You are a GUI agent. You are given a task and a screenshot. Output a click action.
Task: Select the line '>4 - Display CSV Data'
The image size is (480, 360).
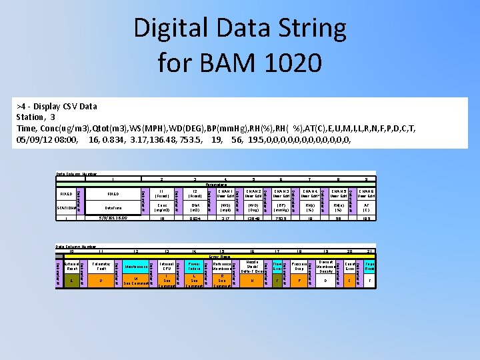click(x=59, y=106)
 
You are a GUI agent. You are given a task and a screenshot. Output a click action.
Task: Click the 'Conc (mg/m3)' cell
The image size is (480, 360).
click(x=162, y=207)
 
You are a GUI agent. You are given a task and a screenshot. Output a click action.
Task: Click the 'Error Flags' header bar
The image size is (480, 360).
click(x=220, y=256)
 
